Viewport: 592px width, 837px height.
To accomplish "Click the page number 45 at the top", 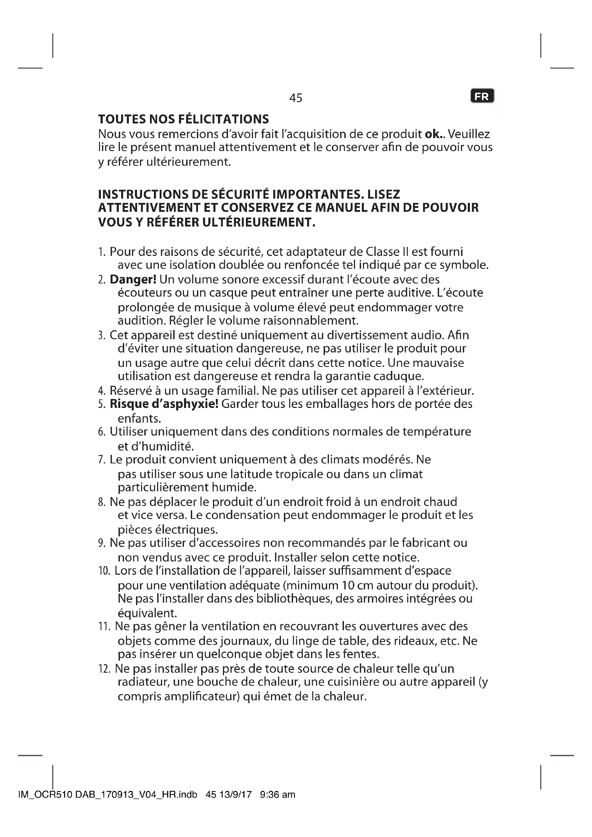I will point(296,98).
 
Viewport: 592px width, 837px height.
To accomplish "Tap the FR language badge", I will point(482,96).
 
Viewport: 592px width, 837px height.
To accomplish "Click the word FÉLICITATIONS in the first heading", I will point(224,119).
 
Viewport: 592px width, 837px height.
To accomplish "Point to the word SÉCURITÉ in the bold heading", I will point(241,194).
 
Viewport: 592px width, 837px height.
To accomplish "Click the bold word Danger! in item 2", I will point(133,279).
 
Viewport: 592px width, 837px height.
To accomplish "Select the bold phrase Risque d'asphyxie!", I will point(164,404).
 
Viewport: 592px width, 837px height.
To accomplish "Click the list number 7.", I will point(101,460).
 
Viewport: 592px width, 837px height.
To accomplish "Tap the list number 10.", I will point(104,571).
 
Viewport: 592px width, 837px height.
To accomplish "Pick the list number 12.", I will point(104,669).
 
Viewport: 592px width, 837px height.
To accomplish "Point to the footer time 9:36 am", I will point(277,795).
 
